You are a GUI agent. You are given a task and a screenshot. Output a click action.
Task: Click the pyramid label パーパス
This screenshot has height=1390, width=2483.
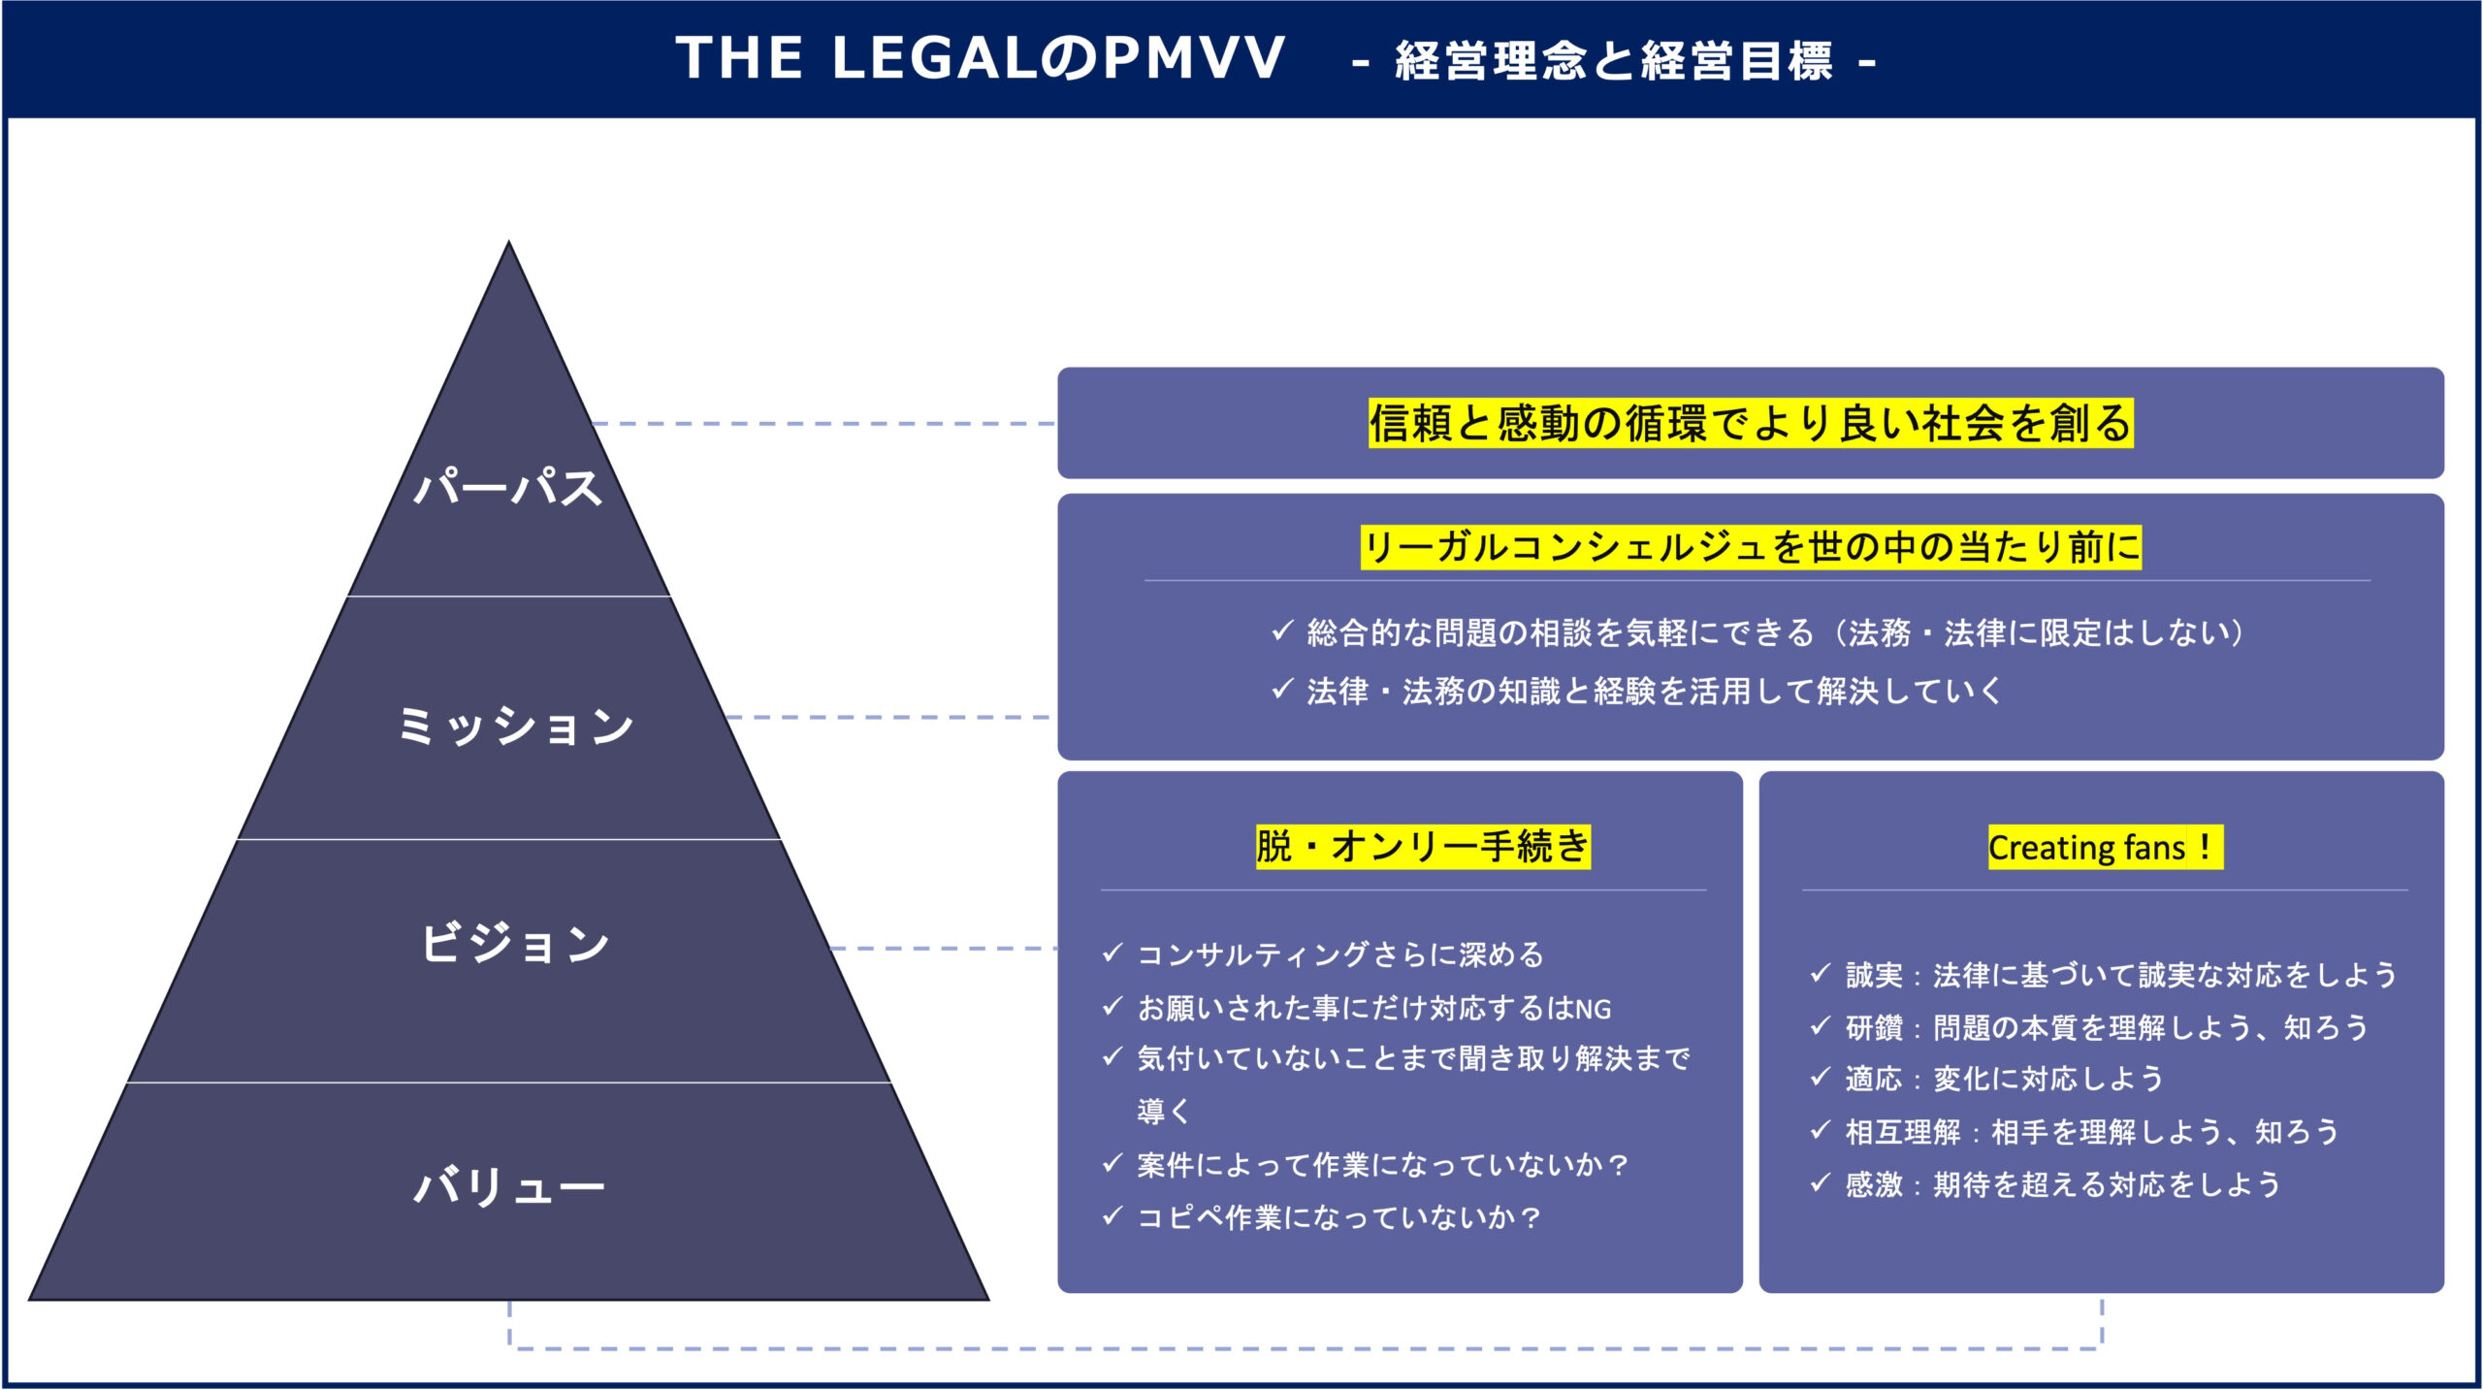508,486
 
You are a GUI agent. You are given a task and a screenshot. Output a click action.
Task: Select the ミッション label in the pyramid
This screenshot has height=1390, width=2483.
515,726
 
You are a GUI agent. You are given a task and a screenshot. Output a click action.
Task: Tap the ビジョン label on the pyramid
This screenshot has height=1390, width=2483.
515,943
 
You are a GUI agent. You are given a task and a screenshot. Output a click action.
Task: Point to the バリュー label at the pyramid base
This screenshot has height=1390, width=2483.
509,1185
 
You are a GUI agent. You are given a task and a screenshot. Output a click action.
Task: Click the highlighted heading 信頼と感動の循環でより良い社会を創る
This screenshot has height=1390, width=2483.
1751,424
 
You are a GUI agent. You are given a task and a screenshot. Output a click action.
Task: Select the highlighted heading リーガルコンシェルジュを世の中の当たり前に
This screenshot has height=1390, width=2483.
1751,547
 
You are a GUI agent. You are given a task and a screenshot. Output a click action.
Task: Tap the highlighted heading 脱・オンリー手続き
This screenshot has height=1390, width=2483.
1423,847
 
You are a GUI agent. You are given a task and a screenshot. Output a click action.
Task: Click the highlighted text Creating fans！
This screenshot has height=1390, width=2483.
2105,848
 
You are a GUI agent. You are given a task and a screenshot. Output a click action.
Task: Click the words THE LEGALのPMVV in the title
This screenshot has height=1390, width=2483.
980,58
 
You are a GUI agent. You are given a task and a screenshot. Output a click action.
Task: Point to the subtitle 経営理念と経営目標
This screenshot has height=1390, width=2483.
1614,61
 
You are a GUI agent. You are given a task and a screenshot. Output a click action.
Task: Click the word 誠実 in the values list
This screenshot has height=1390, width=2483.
1874,975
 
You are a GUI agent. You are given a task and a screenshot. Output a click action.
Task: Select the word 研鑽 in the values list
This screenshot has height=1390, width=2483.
1874,1027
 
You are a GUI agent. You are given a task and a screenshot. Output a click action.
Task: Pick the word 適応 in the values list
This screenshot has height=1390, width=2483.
1874,1079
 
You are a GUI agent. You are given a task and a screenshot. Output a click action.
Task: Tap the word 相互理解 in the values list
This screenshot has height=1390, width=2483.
1903,1132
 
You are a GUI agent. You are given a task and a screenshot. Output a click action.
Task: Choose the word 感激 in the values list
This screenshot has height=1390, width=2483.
1874,1184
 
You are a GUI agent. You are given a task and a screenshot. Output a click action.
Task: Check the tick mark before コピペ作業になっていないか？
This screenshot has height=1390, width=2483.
1113,1215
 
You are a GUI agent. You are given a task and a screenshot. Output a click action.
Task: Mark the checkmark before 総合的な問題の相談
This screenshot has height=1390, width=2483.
1282,630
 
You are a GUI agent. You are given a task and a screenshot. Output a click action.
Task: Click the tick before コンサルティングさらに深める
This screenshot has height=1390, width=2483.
1113,953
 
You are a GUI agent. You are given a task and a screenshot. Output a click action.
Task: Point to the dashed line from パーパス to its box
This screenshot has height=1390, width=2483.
823,424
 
